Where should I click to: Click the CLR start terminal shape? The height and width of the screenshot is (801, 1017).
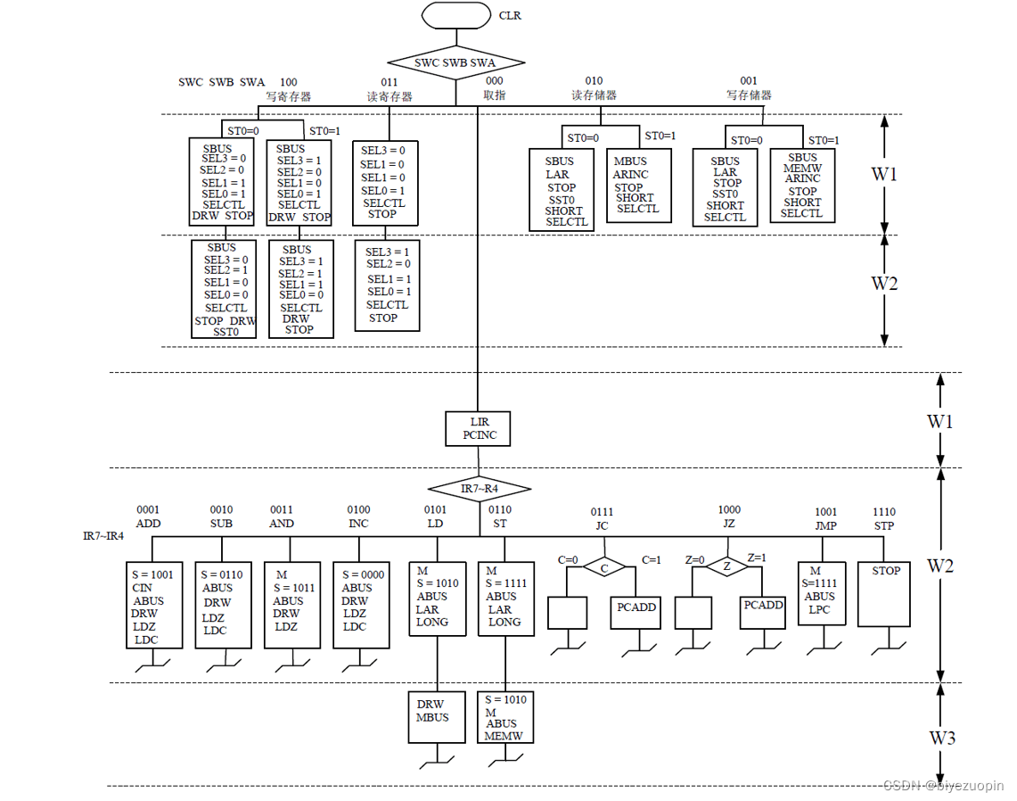(456, 15)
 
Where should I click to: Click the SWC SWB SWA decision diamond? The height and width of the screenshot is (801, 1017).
(455, 62)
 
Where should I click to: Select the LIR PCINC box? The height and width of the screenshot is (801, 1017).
(479, 428)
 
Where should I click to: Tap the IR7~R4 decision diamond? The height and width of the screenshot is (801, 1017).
(479, 489)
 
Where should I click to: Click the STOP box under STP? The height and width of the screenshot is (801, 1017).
(886, 593)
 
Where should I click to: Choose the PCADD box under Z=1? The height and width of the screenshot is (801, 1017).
(764, 614)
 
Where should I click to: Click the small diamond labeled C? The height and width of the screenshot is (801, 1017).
(603, 567)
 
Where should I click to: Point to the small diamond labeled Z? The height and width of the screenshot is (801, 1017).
(727, 566)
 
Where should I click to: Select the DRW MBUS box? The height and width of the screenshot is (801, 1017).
(436, 717)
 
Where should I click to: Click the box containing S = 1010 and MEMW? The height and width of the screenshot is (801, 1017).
(504, 717)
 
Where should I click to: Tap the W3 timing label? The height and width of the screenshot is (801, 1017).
(942, 738)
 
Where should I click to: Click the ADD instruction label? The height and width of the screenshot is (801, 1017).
(149, 524)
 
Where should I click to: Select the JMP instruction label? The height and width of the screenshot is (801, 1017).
(825, 526)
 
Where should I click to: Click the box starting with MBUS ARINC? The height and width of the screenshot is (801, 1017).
(636, 186)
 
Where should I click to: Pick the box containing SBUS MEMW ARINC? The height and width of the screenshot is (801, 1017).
(802, 185)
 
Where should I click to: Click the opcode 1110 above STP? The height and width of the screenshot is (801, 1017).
(883, 511)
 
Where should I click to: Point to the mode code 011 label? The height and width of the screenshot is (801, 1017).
(389, 82)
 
